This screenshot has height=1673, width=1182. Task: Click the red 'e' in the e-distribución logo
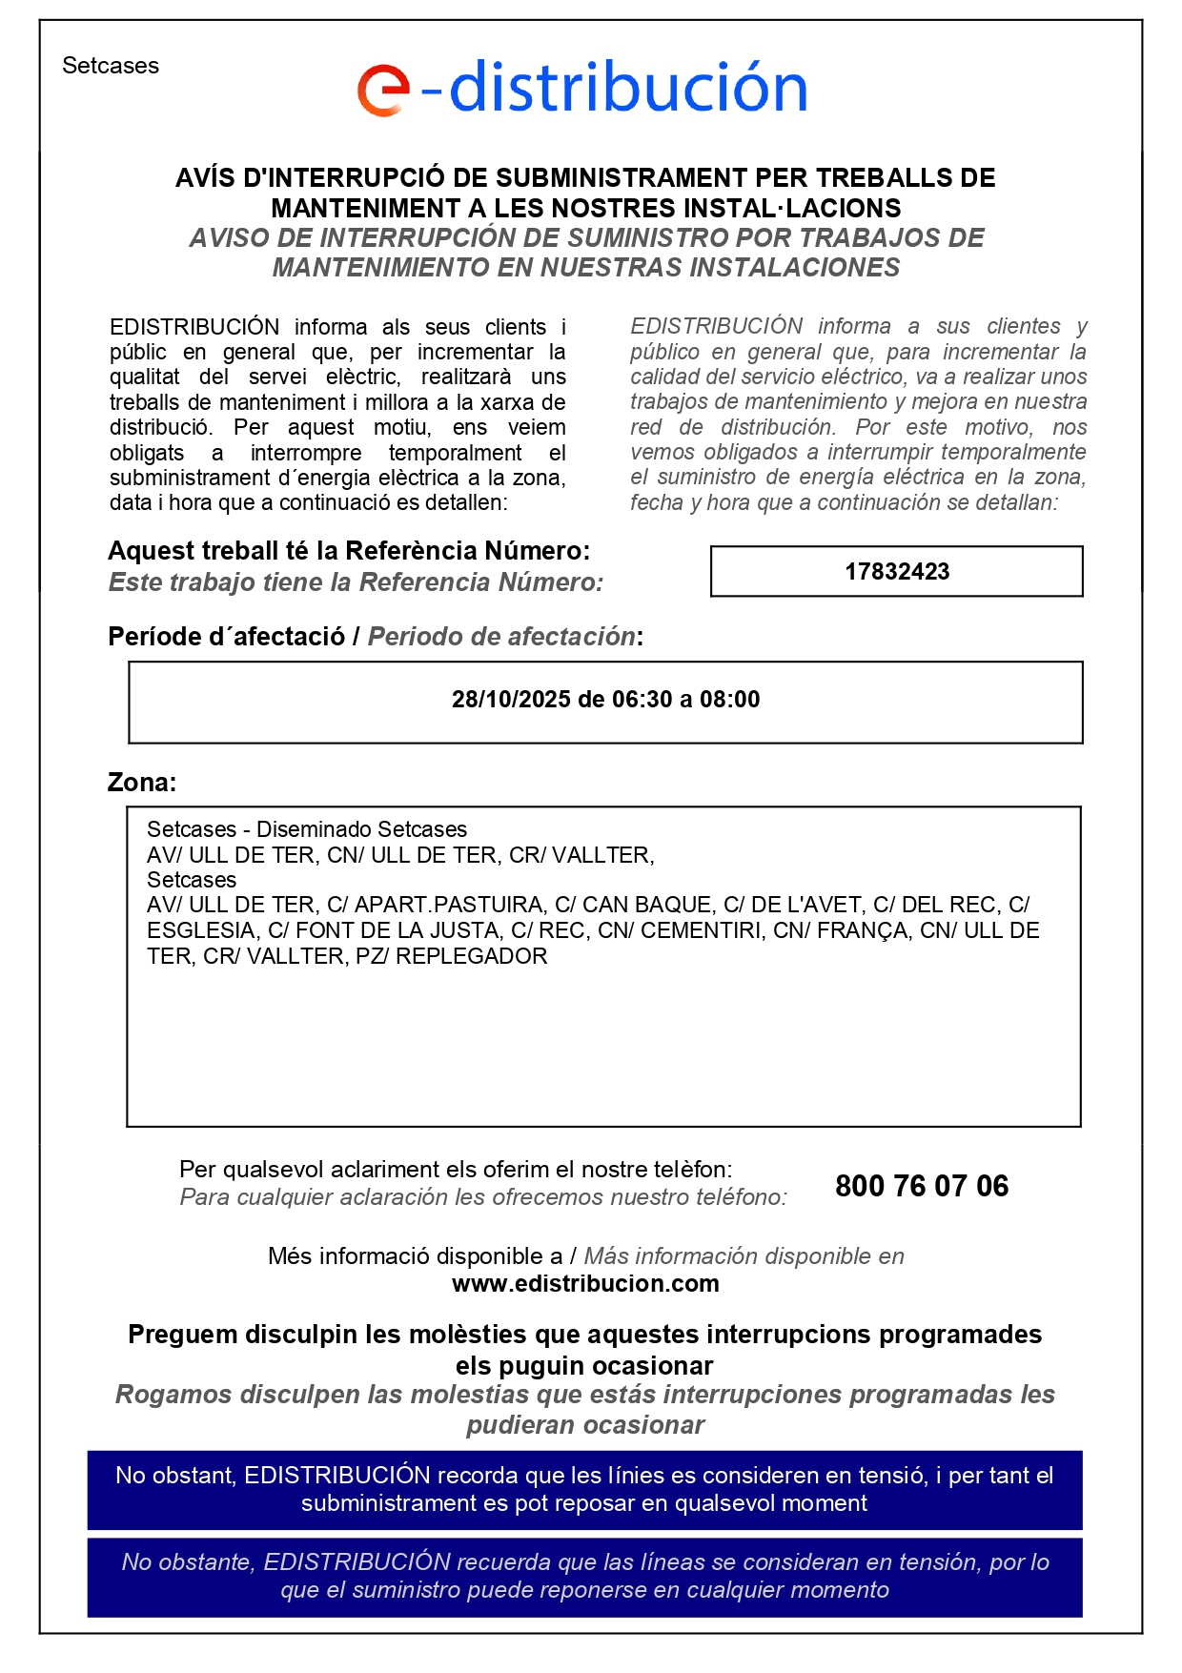tap(383, 91)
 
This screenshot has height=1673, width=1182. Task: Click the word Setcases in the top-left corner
tap(111, 66)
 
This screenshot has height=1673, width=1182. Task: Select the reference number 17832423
tap(897, 572)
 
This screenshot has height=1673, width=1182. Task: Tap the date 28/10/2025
tap(511, 700)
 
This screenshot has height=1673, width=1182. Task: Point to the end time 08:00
tap(729, 700)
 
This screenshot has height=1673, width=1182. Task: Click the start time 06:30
tap(642, 700)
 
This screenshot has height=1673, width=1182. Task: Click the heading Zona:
tap(142, 783)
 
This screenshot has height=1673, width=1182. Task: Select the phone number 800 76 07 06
tap(922, 1186)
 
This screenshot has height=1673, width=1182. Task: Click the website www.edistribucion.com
tap(585, 1284)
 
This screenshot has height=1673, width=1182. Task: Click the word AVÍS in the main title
tap(205, 178)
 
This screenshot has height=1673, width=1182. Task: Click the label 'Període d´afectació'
tap(227, 637)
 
